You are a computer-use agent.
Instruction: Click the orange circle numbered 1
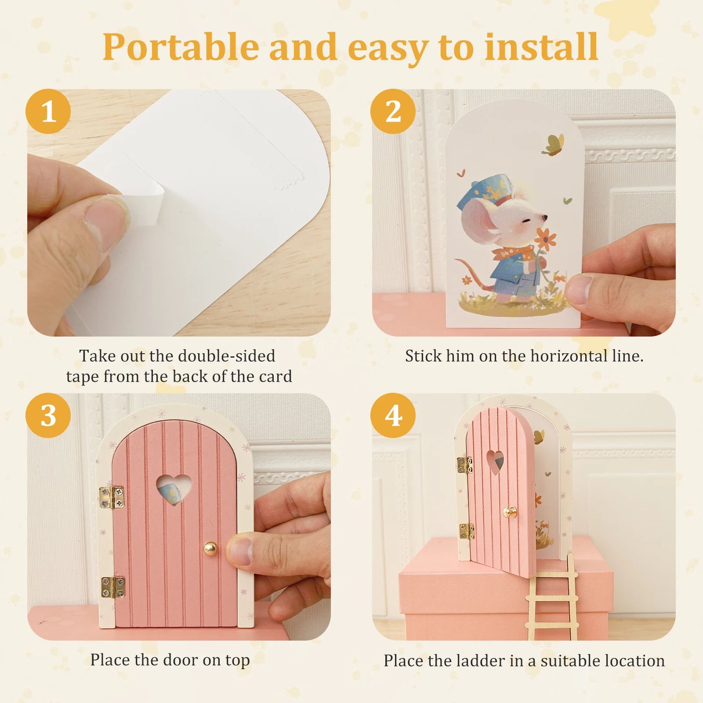pyautogui.click(x=48, y=112)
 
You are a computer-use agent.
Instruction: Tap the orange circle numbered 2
pyautogui.click(x=393, y=112)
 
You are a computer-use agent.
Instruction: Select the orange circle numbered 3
pyautogui.click(x=48, y=415)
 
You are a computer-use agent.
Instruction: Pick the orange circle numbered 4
pyautogui.click(x=393, y=415)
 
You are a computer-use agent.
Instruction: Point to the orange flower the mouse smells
pyautogui.click(x=545, y=239)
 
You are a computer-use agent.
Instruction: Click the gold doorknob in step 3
pyautogui.click(x=210, y=548)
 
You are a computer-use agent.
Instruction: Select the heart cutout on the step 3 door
pyautogui.click(x=174, y=488)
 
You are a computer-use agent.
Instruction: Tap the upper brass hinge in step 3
pyautogui.click(x=112, y=497)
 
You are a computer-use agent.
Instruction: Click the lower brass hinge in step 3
pyautogui.click(x=113, y=587)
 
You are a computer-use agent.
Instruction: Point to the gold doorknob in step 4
pyautogui.click(x=510, y=512)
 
